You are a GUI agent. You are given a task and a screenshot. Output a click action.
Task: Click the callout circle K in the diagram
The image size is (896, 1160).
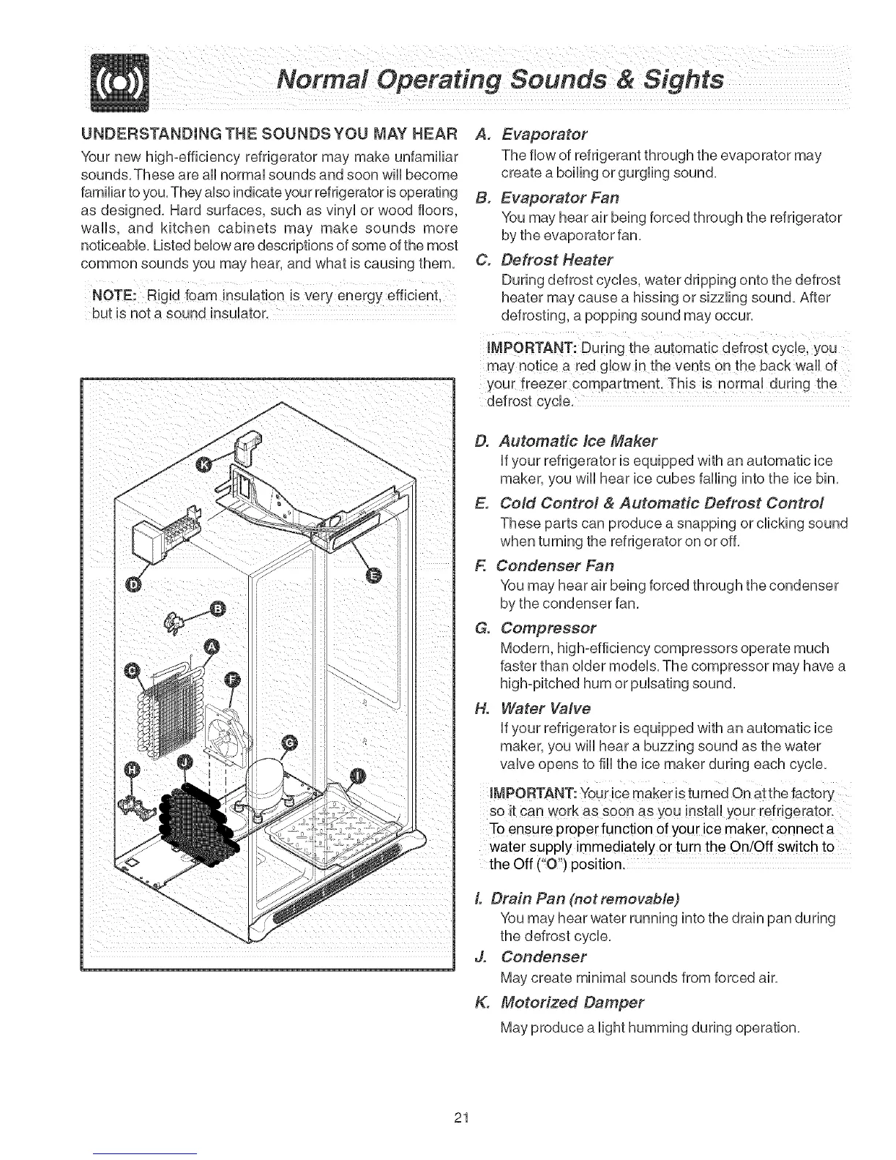(205, 465)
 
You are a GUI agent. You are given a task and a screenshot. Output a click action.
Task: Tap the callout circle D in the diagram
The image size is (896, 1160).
(132, 584)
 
